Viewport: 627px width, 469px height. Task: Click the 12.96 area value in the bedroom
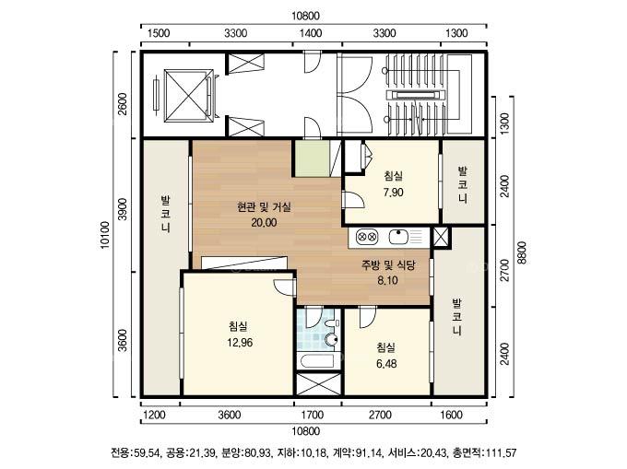pyautogui.click(x=240, y=343)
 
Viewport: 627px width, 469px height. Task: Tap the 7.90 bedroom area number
pyautogui.click(x=393, y=193)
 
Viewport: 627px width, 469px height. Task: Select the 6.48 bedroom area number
pyautogui.click(x=386, y=364)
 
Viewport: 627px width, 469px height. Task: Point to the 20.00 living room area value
pyautogui.click(x=264, y=222)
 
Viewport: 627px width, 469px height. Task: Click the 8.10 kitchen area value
pyautogui.click(x=387, y=280)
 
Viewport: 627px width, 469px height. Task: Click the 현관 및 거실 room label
pyautogui.click(x=264, y=207)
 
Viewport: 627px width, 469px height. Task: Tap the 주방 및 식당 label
pyautogui.click(x=389, y=264)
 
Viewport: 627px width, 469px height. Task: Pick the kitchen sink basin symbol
pyautogui.click(x=398, y=237)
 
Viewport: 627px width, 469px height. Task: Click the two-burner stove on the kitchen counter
pyautogui.click(x=367, y=237)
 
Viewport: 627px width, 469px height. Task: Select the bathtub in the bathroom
pyautogui.click(x=318, y=361)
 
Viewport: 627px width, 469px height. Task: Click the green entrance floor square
pyautogui.click(x=313, y=158)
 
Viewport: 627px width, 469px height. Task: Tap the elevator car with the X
pyautogui.click(x=188, y=95)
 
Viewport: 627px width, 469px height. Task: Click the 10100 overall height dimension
pyautogui.click(x=105, y=235)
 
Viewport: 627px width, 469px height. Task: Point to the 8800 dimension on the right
pyautogui.click(x=522, y=252)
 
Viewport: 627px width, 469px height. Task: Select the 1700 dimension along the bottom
pyautogui.click(x=313, y=415)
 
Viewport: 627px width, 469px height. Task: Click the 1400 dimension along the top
pyautogui.click(x=311, y=33)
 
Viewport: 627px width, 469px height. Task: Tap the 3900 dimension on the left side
pyautogui.click(x=123, y=208)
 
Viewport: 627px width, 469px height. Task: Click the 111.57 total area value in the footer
pyautogui.click(x=501, y=453)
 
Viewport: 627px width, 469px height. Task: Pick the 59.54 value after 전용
pyautogui.click(x=147, y=453)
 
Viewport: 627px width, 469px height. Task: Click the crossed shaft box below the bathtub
pyautogui.click(x=318, y=384)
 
